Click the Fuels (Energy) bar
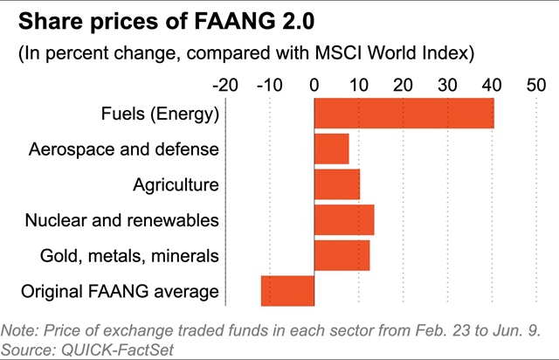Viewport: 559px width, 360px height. [x=404, y=114]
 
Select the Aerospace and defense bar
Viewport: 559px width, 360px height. [x=331, y=149]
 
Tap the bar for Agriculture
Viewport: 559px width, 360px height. [x=336, y=184]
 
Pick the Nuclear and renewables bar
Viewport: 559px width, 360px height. [x=344, y=219]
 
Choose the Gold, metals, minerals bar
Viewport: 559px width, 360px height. [x=342, y=255]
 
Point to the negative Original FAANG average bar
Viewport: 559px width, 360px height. [x=287, y=290]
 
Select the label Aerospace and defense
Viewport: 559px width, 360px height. [x=123, y=149]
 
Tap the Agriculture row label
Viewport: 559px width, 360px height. [x=176, y=184]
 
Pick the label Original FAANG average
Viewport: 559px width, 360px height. [x=120, y=290]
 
